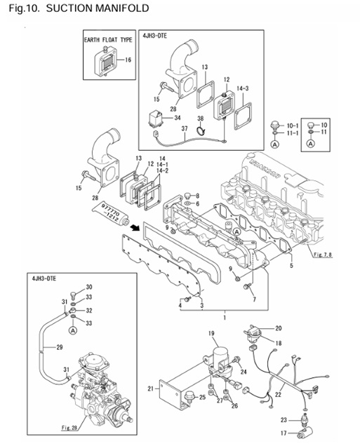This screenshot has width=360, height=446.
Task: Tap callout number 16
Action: point(128,60)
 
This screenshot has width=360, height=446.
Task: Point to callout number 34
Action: point(178,117)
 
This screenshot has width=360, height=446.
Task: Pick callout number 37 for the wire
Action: point(185,129)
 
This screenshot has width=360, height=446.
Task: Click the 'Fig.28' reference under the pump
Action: point(68,426)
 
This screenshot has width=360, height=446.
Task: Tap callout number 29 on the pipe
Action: point(60,347)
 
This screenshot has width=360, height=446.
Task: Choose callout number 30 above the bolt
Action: point(89,288)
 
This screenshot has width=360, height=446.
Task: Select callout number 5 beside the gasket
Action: point(292,266)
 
